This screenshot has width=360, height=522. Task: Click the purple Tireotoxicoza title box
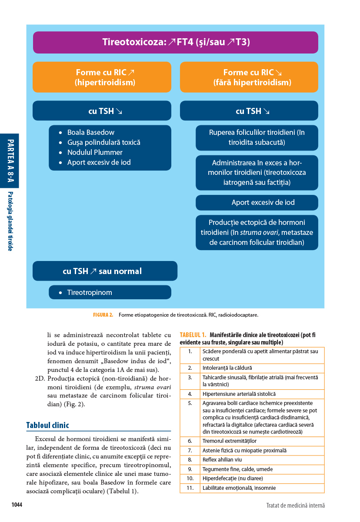click(x=175, y=42)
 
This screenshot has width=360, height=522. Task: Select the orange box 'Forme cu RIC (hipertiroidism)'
click(x=102, y=77)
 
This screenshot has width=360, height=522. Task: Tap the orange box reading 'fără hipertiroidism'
click(x=249, y=77)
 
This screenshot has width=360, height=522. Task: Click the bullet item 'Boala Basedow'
click(x=90, y=132)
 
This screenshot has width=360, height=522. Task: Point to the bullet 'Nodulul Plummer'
click(x=95, y=152)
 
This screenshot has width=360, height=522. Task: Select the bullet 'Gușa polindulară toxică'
click(x=103, y=142)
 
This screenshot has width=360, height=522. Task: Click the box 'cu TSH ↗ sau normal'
click(x=105, y=271)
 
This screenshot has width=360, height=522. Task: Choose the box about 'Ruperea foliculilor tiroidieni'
click(x=257, y=137)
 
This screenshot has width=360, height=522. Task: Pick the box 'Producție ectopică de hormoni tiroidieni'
click(x=257, y=232)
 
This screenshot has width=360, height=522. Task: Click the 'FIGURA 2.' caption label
click(x=103, y=315)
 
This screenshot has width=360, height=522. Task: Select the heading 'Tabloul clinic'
click(x=47, y=425)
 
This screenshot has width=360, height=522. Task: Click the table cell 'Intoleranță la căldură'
click(x=227, y=368)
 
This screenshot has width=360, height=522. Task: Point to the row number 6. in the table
click(x=190, y=441)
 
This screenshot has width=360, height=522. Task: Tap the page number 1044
click(x=17, y=505)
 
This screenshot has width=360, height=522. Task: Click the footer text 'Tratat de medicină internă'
click(x=295, y=505)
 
